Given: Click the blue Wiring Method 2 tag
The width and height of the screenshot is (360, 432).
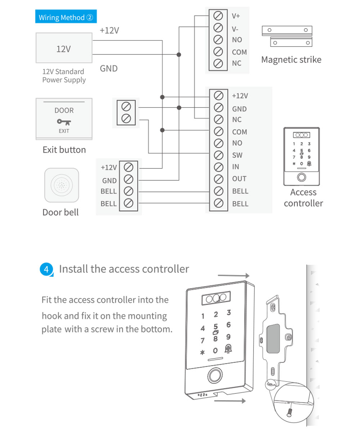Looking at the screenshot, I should tap(66, 17).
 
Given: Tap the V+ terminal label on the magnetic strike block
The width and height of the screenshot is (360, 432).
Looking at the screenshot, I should tap(236, 16).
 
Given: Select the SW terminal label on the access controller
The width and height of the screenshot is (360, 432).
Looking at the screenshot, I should tap(237, 155).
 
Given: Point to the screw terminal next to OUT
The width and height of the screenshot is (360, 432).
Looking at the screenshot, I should tap(218, 179).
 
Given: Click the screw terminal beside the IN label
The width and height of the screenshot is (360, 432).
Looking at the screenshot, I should tap(218, 167).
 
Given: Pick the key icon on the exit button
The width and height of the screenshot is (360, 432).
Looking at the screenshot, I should tap(64, 122).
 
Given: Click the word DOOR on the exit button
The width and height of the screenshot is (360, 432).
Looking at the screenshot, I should tap(64, 111).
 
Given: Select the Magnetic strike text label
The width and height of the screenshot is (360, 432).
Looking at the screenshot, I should tap(291, 59).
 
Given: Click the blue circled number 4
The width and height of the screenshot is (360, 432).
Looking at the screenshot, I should tap(46, 269).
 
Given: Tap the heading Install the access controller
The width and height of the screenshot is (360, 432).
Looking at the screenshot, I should tap(123, 269).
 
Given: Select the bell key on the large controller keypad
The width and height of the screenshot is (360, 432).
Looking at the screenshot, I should tap(228, 348).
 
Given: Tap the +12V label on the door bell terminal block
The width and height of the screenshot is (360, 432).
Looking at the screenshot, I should tap(109, 167).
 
